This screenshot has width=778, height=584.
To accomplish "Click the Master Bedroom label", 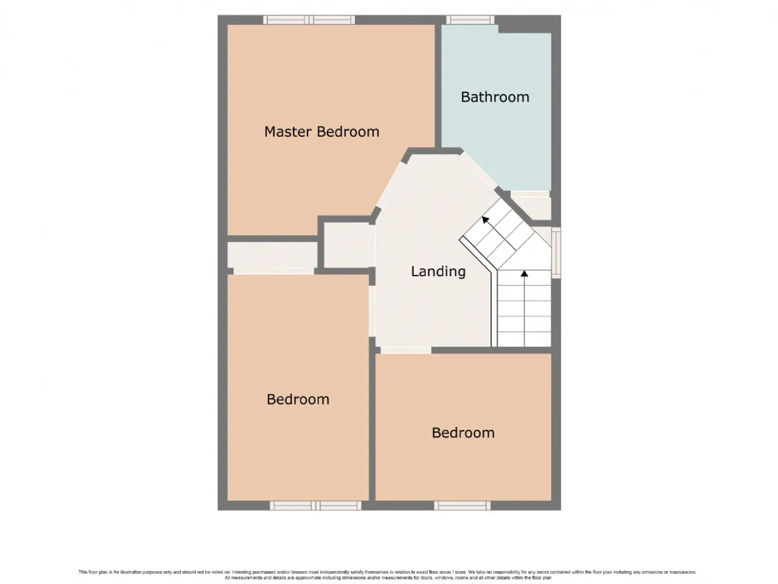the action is pyautogui.click(x=322, y=131).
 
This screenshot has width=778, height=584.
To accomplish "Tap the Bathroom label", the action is pyautogui.click(x=495, y=97).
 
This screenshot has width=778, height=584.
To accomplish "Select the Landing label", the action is pyautogui.click(x=438, y=271).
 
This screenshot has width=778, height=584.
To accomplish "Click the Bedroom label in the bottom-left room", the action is pyautogui.click(x=298, y=399).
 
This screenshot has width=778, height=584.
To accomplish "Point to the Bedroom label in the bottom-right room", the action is pyautogui.click(x=463, y=433).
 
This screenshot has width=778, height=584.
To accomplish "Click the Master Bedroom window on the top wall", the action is pyautogui.click(x=309, y=19).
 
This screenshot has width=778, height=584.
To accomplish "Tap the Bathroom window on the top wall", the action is pyautogui.click(x=470, y=19).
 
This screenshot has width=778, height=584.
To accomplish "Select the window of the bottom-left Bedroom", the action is pyautogui.click(x=315, y=506).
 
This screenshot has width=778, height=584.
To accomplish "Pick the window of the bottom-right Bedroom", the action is pyautogui.click(x=462, y=506).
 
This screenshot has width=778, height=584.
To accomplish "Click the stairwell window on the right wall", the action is pyautogui.click(x=556, y=252).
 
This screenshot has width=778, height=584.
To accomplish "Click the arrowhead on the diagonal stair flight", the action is pyautogui.click(x=486, y=220).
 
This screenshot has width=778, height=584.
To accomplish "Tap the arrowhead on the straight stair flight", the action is pyautogui.click(x=524, y=273).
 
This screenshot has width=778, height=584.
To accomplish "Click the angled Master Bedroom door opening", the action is pyautogui.click(x=391, y=184).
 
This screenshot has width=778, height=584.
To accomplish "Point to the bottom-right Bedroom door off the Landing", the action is pyautogui.click(x=406, y=350).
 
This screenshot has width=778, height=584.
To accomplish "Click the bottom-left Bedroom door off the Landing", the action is pyautogui.click(x=372, y=311).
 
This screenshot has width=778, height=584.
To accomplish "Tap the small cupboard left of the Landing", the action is pyautogui.click(x=349, y=245).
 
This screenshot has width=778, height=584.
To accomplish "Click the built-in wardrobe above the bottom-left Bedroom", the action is pyautogui.click(x=272, y=255).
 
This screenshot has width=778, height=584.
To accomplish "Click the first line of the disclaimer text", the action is pyautogui.click(x=387, y=572).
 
